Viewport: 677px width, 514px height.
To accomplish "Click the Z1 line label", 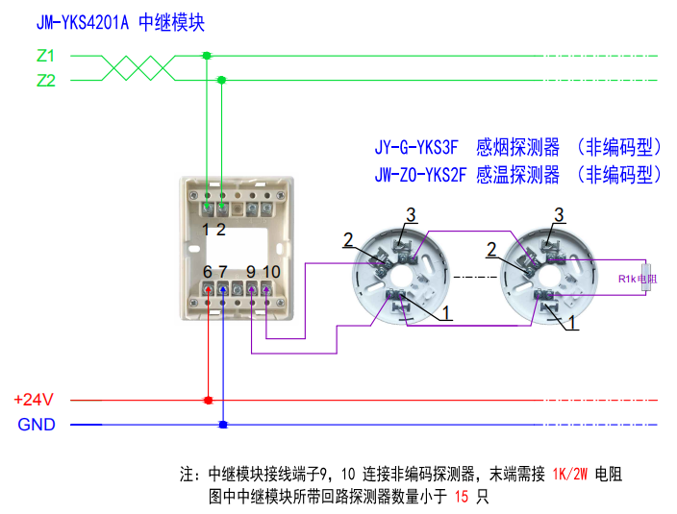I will [x=45, y=56].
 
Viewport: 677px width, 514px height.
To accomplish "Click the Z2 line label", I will [x=45, y=81].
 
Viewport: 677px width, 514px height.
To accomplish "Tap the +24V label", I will [x=34, y=400].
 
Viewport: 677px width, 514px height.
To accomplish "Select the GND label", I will [x=37, y=425].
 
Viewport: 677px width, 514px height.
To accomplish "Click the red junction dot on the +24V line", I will [x=208, y=400].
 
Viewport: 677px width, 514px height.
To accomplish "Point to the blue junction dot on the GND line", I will [x=223, y=424].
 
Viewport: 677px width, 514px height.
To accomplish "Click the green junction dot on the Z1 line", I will [x=207, y=56].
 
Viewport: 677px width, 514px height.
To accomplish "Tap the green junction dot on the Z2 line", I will [x=222, y=80].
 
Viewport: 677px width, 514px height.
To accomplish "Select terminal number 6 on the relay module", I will [x=208, y=272].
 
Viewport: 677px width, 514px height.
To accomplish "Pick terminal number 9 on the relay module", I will [x=250, y=272].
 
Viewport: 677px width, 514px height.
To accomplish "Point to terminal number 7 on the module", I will [x=223, y=272].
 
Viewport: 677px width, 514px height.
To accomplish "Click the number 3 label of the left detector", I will [x=410, y=213].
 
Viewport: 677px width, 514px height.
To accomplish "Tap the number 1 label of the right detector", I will [x=573, y=325].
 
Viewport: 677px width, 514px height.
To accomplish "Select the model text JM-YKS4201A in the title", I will [x=81, y=22].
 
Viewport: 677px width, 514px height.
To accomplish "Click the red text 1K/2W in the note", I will [x=572, y=474].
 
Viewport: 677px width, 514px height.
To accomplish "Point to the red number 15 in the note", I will [x=462, y=497].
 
